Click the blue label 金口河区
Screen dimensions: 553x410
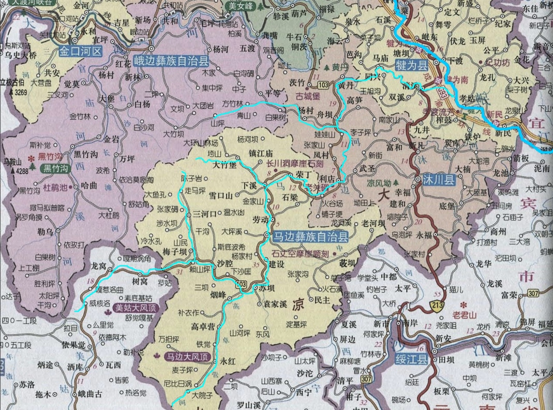(81, 52)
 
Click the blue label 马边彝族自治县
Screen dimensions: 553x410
(309, 237)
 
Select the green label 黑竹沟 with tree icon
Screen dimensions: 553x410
(54, 168)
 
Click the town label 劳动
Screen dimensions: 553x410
(260, 219)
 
